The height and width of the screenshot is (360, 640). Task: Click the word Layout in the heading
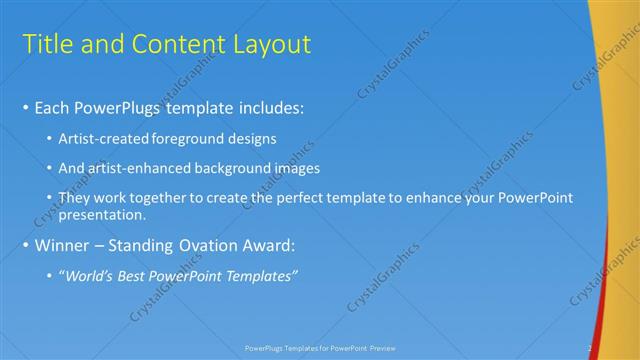point(270,44)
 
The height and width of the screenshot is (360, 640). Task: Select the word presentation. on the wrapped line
point(103,214)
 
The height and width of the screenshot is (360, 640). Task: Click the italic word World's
point(91,275)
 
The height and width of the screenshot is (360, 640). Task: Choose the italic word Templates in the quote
point(261,275)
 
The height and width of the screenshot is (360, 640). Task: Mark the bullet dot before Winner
point(25,245)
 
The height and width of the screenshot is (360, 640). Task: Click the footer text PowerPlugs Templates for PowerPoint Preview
point(320,349)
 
